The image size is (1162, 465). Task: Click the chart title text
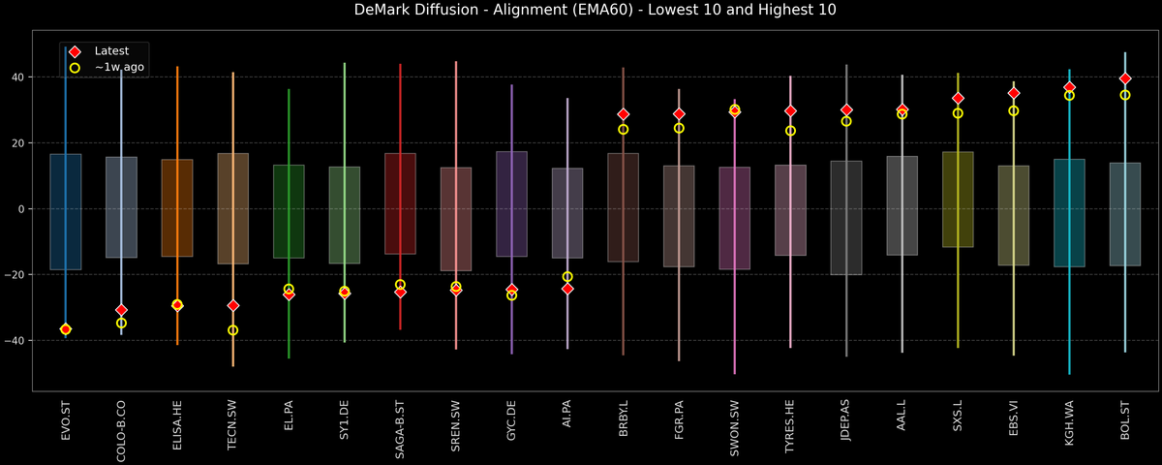(580, 11)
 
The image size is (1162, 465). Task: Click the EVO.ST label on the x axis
(66, 421)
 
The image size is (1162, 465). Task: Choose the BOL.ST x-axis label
(1125, 421)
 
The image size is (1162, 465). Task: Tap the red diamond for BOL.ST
(1125, 78)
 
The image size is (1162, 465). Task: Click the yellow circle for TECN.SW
(232, 330)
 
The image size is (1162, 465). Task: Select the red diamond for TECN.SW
(232, 305)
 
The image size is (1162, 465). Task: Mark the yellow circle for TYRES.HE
(790, 131)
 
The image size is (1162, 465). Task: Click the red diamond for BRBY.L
(624, 114)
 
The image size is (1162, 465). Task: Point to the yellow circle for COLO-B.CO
(121, 324)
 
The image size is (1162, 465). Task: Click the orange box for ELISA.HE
(177, 208)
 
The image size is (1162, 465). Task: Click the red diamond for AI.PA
(567, 289)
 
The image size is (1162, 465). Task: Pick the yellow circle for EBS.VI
(1014, 110)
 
